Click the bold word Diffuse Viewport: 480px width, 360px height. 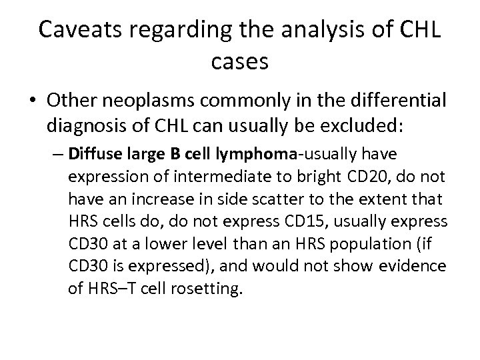(x=89, y=155)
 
